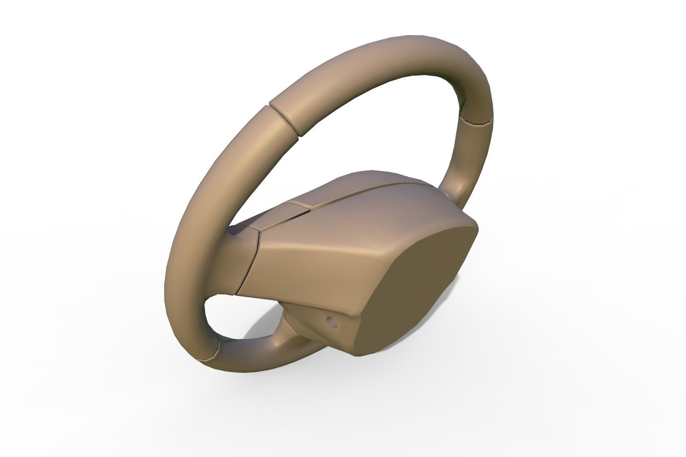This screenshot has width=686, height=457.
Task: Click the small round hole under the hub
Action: coord(330,320)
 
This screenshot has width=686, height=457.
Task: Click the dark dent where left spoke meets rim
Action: coord(236,232)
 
